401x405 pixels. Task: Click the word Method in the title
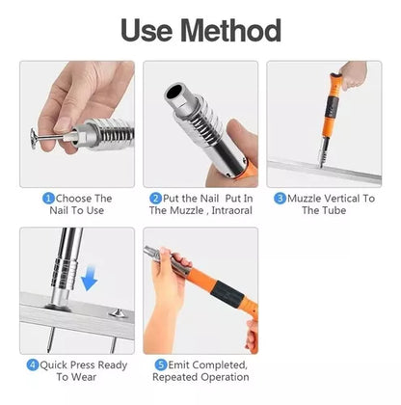pyautogui.click(x=230, y=30)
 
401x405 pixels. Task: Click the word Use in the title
pyautogui.click(x=147, y=31)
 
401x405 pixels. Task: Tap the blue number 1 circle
pyautogui.click(x=48, y=199)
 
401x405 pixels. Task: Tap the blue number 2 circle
pyautogui.click(x=155, y=199)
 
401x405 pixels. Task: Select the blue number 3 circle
pyautogui.click(x=280, y=199)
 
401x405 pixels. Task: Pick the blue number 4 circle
pyautogui.click(x=33, y=364)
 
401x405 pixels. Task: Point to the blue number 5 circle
pyautogui.click(x=161, y=364)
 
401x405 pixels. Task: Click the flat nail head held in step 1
pyautogui.click(x=34, y=139)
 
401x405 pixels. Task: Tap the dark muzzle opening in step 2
pyautogui.click(x=174, y=92)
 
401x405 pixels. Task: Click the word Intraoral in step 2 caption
pyautogui.click(x=231, y=210)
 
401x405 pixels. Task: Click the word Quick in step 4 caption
pyautogui.click(x=54, y=365)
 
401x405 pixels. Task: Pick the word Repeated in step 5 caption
pyautogui.click(x=173, y=377)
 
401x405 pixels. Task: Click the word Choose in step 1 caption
pyautogui.click(x=72, y=199)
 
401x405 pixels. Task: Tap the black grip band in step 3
pyautogui.click(x=331, y=107)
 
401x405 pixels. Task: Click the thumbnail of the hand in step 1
pyautogui.click(x=63, y=124)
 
